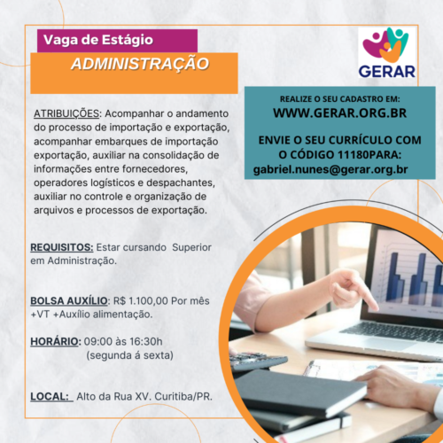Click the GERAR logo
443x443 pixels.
(x=387, y=52)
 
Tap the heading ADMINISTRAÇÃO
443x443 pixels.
(x=140, y=64)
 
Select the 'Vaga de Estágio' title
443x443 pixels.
(x=98, y=40)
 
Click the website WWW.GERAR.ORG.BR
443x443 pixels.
(x=339, y=113)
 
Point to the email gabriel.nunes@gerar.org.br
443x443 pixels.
(x=330, y=169)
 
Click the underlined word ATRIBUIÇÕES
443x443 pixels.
(x=66, y=113)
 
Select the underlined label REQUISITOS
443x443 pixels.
(x=61, y=247)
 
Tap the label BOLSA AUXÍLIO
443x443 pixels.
(x=69, y=300)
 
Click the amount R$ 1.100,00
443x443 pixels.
(x=141, y=301)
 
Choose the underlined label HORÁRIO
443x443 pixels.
(x=55, y=342)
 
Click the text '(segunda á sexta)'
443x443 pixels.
(x=129, y=355)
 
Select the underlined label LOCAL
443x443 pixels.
(x=50, y=396)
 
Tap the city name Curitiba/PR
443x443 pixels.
(x=183, y=396)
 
